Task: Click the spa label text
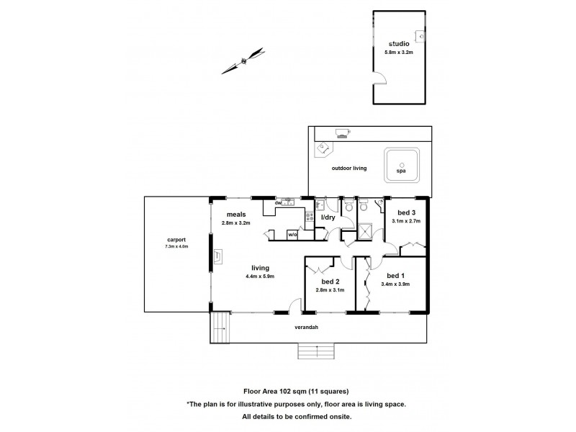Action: coord(401,172)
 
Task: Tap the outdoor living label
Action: coord(348,168)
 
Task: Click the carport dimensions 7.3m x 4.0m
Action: coord(176,246)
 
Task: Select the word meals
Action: coord(237,214)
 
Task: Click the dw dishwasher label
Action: coord(277,202)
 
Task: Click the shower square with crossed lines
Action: coord(365,232)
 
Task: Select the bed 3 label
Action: coord(407,212)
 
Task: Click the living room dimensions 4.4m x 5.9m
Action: coord(260,275)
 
